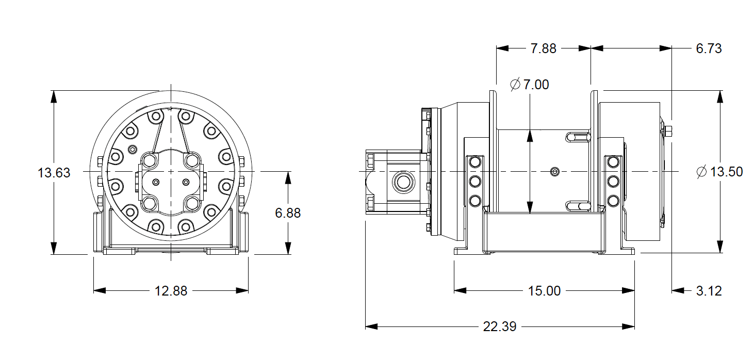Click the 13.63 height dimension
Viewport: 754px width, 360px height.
[54, 172]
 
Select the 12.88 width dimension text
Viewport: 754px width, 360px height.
[171, 291]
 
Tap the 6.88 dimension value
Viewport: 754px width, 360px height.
[287, 213]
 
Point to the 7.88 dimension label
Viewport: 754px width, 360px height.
[543, 48]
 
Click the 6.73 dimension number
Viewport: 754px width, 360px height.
[708, 48]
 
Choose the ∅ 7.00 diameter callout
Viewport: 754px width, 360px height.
[530, 85]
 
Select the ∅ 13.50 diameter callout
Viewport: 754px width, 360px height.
[719, 172]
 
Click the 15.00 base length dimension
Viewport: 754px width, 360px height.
[544, 291]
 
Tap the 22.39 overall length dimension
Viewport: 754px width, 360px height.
[500, 326]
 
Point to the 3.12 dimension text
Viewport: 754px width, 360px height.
[709, 291]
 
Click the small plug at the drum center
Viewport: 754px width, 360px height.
[554, 171]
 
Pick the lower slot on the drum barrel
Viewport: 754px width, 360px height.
[577, 206]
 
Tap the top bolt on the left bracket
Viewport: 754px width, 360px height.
[474, 162]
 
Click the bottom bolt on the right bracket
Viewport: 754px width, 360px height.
[613, 200]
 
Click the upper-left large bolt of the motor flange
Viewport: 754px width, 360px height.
[150, 160]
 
